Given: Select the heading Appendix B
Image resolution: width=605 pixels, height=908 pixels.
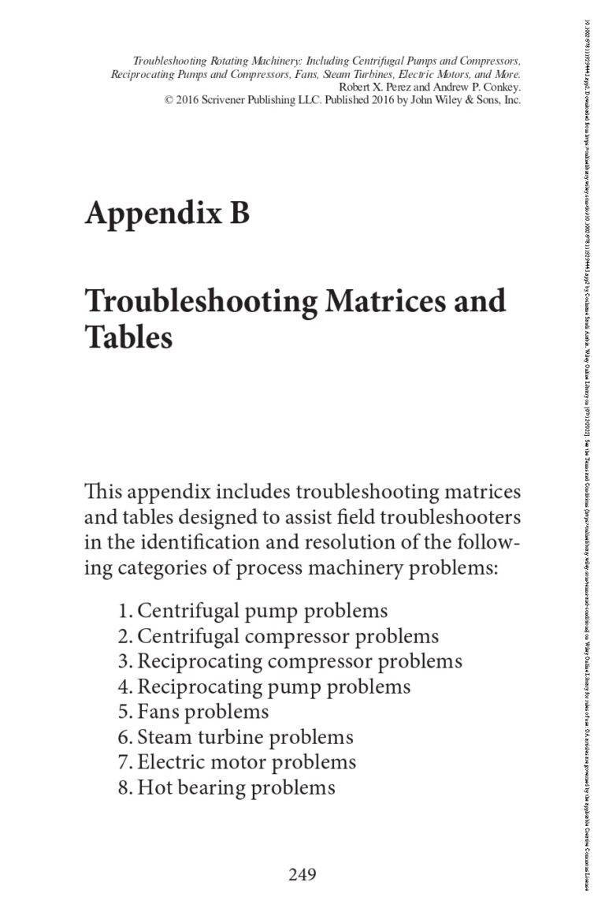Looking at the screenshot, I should [167, 212].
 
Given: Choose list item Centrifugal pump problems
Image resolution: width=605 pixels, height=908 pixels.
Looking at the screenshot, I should [253, 611].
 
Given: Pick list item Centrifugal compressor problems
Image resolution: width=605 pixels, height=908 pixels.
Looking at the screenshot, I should [278, 636].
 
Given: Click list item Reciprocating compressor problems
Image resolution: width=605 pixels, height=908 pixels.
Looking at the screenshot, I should [290, 661].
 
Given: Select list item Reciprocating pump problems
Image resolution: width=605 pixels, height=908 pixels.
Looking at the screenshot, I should [264, 687].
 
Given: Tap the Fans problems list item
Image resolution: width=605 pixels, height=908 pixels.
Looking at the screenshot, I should [193, 712].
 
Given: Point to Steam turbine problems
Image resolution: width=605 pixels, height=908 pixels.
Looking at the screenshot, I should [236, 737].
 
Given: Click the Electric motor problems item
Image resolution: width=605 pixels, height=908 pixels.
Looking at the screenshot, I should [236, 762].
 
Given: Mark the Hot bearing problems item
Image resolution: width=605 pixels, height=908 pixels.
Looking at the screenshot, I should [226, 787].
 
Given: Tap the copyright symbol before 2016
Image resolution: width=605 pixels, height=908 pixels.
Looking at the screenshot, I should [169, 100].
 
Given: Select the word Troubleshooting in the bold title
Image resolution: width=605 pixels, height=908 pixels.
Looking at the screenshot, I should [183, 302].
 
